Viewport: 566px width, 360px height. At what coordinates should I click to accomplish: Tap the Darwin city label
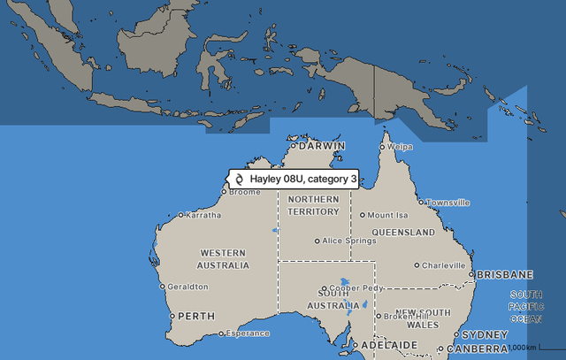click(x=321, y=146)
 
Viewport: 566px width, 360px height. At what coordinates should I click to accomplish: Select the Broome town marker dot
click(x=223, y=192)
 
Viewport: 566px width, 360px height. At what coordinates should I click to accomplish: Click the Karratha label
click(x=204, y=215)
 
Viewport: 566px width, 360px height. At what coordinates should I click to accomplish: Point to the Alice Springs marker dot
click(x=317, y=241)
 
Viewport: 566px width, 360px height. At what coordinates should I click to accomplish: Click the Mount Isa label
click(x=388, y=215)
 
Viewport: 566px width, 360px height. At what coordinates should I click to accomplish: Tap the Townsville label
click(x=448, y=203)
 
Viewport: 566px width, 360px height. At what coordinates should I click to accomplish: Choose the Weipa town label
click(x=401, y=147)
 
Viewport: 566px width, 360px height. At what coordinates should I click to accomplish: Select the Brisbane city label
click(x=505, y=275)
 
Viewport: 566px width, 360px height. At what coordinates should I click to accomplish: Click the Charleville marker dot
click(x=417, y=264)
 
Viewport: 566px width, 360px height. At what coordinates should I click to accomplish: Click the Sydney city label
click(x=486, y=335)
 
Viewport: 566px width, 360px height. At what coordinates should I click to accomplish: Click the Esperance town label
click(x=248, y=333)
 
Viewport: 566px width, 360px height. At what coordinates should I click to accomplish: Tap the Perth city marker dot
click(x=172, y=316)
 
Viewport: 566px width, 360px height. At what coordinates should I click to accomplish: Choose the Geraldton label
click(x=188, y=287)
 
